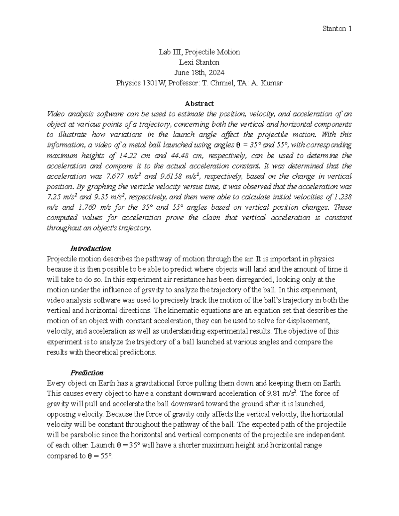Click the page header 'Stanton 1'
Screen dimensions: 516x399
click(337, 29)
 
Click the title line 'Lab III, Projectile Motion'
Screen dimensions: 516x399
click(199, 52)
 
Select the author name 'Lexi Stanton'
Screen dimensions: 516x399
click(199, 62)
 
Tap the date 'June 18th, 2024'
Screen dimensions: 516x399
click(199, 72)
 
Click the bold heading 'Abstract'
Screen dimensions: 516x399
click(199, 104)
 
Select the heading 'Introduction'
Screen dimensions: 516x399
click(90, 249)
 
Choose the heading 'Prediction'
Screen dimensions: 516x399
click(87, 373)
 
